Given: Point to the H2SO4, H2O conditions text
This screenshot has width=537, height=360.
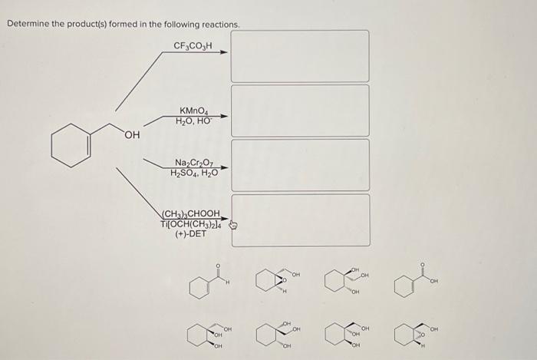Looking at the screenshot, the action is coord(194,173).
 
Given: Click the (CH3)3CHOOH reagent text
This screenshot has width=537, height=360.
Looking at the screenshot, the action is coord(192,213).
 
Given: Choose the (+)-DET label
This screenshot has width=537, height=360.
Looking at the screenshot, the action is coord(192,234).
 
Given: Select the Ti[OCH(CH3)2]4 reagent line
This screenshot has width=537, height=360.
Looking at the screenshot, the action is coord(192,223).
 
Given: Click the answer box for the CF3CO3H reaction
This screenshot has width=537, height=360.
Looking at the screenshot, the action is coord(300,56).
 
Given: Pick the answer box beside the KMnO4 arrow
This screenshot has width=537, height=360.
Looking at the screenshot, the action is coord(300,111).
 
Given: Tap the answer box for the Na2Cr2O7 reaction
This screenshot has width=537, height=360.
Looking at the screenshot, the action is coord(300,165).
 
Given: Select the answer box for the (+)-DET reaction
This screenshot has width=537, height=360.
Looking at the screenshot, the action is coord(300,220).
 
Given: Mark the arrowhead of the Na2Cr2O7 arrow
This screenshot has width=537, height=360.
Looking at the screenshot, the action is coord(224,167).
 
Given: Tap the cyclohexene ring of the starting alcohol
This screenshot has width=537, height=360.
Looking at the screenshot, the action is coord(70,144).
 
